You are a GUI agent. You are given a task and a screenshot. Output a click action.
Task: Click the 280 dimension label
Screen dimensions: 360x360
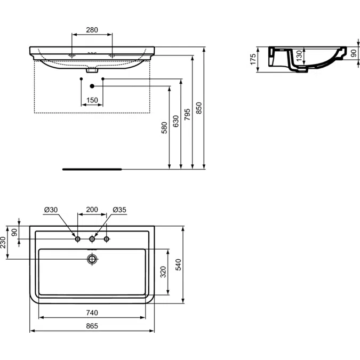coord(92,30)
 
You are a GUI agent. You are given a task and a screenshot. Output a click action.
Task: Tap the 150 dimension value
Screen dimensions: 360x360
coord(92,100)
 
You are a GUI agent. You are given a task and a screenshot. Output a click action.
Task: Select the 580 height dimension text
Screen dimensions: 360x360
coord(164,127)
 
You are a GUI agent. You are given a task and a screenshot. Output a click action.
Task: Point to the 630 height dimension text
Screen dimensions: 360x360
coord(175,121)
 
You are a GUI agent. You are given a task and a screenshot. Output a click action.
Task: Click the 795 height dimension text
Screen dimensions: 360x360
coord(187,115)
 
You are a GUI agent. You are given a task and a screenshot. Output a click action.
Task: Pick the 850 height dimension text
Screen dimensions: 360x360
coord(199,108)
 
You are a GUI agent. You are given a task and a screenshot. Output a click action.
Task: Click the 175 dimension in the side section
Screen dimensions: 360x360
coord(253,59)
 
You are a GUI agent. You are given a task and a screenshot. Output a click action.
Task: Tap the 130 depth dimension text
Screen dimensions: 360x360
coord(299,56)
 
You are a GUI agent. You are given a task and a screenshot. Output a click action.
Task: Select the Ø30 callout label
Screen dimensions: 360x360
coord(51,210)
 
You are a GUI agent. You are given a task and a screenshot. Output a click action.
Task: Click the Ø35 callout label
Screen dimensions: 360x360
coord(119,210)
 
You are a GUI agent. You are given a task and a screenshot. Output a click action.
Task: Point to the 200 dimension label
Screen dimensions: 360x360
coord(92,210)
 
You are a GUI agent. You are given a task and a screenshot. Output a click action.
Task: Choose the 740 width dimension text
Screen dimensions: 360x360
coord(92,313)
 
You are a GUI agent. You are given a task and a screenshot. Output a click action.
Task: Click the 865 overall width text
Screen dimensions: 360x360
coord(92,326)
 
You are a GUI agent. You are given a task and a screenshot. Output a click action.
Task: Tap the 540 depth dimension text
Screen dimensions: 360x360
coord(178,265)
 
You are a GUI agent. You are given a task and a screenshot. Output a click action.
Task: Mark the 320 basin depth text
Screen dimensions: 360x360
coord(163,272)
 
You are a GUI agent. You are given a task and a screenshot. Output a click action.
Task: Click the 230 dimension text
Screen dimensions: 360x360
coord(3,243)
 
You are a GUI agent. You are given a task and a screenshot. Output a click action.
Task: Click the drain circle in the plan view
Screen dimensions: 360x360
coord(92,259)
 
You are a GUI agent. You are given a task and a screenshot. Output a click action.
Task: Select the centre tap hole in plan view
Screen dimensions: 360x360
coord(92,239)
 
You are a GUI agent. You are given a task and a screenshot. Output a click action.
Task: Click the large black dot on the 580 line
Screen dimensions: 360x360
coord(92,86)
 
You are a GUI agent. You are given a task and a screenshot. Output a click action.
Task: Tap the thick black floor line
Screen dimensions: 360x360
coord(92,170)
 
